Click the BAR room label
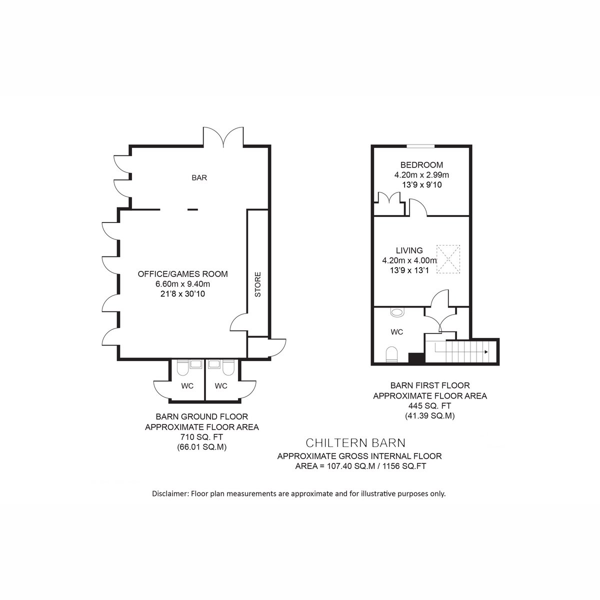[199, 177]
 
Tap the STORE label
[258, 284]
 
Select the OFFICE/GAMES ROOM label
[183, 273]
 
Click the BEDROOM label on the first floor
[421, 164]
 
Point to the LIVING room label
[409, 250]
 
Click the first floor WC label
[397, 332]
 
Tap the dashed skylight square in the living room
[448, 259]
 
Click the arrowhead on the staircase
[485, 352]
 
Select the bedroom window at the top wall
[420, 146]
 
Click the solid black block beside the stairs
[416, 358]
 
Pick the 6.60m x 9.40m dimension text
[183, 283]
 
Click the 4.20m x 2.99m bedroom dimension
[421, 174]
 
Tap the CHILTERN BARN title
[355, 442]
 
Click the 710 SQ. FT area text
[202, 437]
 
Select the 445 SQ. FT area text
[429, 405]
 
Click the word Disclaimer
[170, 493]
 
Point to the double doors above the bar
[223, 137]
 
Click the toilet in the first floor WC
[392, 354]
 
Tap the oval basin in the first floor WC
[396, 312]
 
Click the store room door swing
[239, 322]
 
